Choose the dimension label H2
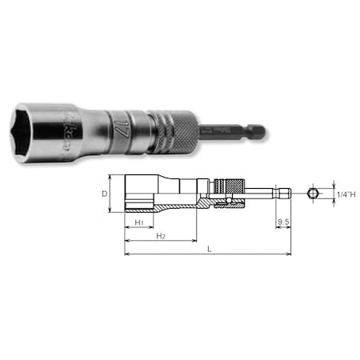tap(161, 237)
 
